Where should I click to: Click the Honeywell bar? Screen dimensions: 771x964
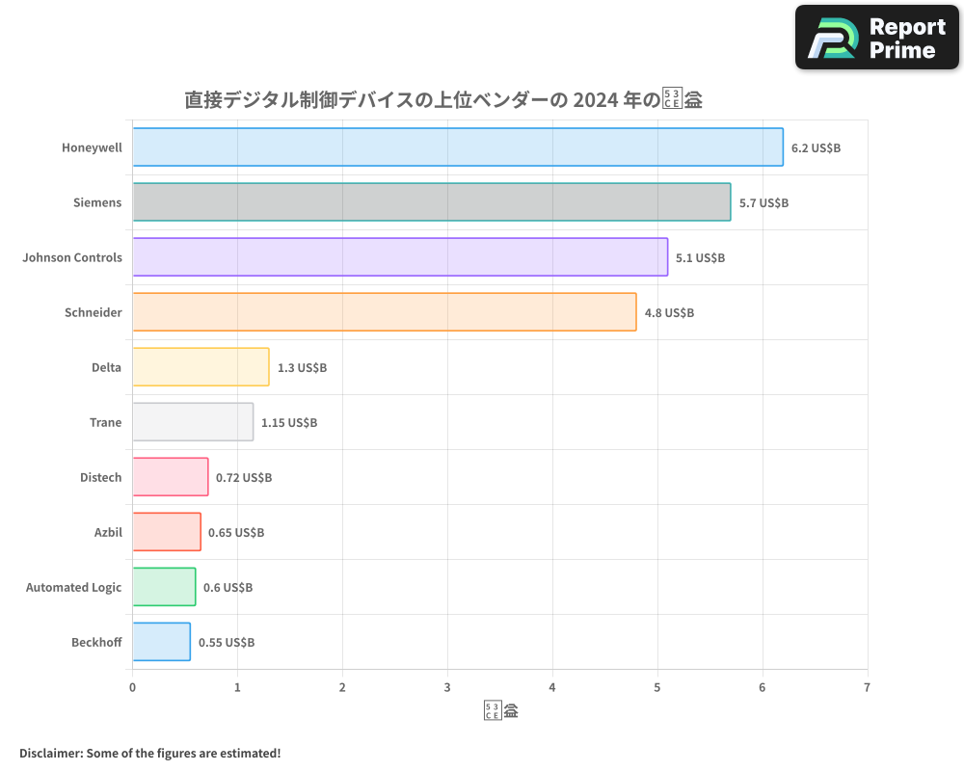(458, 147)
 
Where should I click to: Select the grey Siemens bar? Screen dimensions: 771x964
(431, 202)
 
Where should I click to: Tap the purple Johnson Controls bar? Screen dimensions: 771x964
(400, 257)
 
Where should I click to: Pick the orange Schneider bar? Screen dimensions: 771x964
(384, 312)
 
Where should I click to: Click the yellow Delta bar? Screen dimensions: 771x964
(201, 367)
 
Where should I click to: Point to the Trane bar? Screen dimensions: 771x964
(193, 422)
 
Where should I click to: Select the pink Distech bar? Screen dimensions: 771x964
(170, 477)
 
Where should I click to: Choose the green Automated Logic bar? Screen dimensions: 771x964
(164, 587)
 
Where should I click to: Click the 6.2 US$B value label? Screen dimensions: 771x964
(816, 148)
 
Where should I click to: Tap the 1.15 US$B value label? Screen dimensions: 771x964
(289, 423)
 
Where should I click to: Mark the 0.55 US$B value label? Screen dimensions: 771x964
(227, 643)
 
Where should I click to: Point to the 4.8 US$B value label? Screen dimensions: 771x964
(669, 313)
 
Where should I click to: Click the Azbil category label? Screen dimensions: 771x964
(108, 533)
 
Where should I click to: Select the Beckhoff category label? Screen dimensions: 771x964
(96, 643)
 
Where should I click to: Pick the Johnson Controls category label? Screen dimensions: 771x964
(72, 258)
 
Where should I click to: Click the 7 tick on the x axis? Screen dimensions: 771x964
(867, 688)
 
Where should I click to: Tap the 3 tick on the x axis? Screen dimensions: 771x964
(447, 688)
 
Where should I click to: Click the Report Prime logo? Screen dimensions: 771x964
(877, 38)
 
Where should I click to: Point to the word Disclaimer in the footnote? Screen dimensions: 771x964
(49, 753)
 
